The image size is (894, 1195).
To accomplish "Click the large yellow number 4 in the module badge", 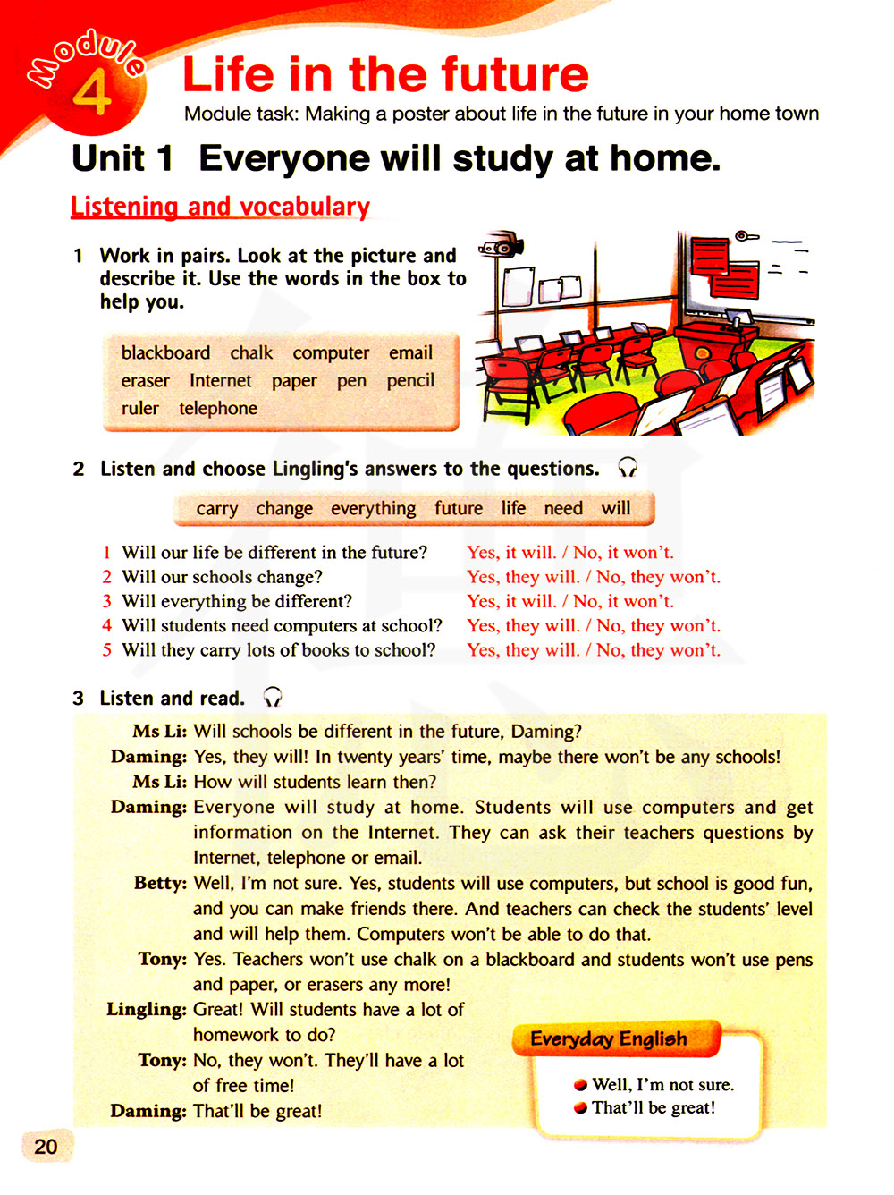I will [x=92, y=93].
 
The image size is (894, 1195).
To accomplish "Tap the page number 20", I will [x=46, y=1146].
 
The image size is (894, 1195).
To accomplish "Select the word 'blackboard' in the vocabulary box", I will [x=165, y=352].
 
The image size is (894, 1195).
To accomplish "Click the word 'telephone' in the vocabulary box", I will [x=218, y=408].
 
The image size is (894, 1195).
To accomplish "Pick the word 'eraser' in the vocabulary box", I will [x=145, y=380].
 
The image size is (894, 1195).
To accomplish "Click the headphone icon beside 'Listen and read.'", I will [x=272, y=697].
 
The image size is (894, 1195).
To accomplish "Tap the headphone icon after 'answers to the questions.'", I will [x=628, y=468].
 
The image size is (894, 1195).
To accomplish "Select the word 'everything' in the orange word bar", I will [x=373, y=508].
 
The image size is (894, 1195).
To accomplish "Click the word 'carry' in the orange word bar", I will [x=217, y=508].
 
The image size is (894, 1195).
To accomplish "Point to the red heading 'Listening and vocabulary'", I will [x=220, y=207].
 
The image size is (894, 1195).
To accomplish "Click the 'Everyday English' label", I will [x=609, y=1038].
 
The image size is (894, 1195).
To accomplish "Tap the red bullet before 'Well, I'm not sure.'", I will [x=581, y=1085].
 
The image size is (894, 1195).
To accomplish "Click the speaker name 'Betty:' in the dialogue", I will [x=160, y=883].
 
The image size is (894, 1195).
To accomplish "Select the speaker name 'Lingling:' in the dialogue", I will [x=146, y=1009].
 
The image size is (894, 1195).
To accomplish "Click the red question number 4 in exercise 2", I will [x=106, y=625].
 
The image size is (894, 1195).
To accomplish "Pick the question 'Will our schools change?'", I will [x=222, y=577].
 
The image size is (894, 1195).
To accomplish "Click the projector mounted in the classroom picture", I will [x=501, y=244].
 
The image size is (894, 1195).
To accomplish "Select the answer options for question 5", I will [x=593, y=650].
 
